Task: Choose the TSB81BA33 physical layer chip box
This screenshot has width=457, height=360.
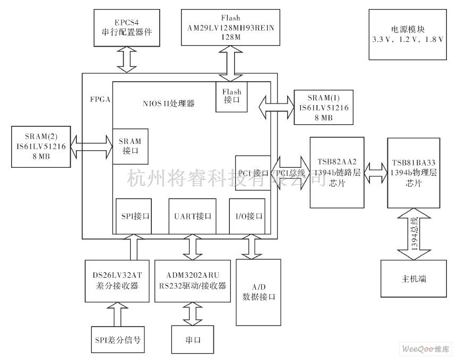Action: [x=413, y=173]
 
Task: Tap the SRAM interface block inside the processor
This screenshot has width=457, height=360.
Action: [x=131, y=147]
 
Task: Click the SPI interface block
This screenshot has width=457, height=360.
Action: [x=133, y=216]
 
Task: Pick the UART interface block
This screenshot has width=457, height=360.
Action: [x=193, y=216]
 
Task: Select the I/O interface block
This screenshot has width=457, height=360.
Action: [x=248, y=216]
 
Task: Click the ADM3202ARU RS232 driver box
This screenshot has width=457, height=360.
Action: [x=193, y=281]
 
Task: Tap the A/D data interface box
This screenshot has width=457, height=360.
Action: [x=258, y=292]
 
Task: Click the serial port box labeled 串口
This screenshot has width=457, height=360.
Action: [x=193, y=339]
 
